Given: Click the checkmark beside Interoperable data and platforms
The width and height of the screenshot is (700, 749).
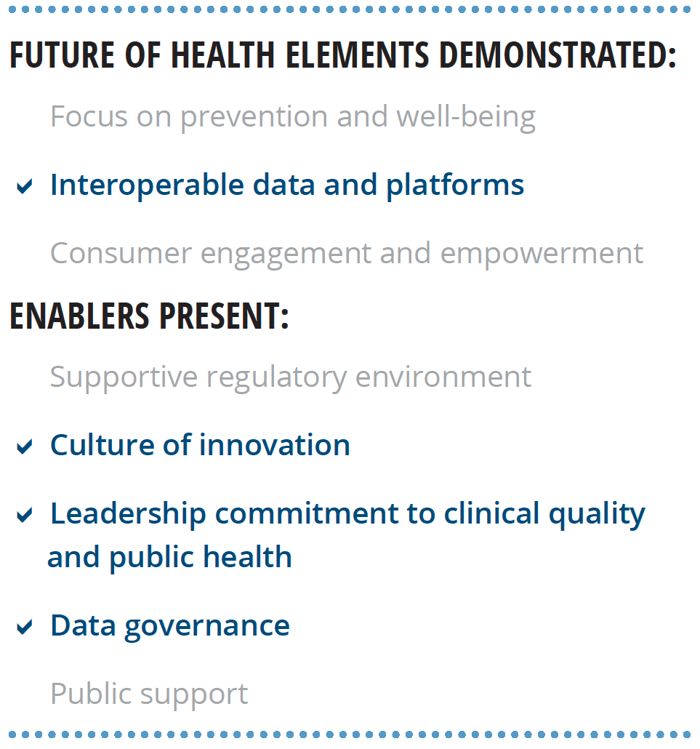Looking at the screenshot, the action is pos(25,186).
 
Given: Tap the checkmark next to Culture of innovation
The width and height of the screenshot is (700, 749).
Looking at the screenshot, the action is pos(25,446).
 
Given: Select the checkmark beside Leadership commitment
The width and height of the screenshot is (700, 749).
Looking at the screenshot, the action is pos(25,515).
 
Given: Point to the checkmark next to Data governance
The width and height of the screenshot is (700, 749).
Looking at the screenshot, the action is pos(25,627).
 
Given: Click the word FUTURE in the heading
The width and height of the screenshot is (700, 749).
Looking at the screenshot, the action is pos(62,55).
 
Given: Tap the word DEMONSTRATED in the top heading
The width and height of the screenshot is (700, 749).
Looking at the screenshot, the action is pos(558,55).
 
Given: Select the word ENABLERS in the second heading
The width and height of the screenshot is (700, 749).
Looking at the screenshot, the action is pos(79,316).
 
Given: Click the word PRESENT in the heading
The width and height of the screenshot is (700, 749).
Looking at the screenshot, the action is pos(224,316).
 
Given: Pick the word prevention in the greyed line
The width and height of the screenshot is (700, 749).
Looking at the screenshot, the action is pos(254,118).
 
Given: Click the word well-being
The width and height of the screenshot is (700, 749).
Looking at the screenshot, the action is pos(466,116).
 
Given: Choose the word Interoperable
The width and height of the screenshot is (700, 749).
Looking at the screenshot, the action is pos(147,185).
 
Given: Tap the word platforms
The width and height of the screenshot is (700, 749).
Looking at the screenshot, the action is pos(455,185).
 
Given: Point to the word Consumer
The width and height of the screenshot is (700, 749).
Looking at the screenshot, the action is pos(121,254).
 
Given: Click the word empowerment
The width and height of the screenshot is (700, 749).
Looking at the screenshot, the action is pos(542,255).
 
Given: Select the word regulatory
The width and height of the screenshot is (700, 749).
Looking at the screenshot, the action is pos(276,378).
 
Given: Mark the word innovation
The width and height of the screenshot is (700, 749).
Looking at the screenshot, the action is pos(275,445).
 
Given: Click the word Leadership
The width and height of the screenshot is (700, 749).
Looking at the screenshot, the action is pos(129,514).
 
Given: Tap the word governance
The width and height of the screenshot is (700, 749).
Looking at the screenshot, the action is pos(207,627).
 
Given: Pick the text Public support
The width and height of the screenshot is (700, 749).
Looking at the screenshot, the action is pos(150,694).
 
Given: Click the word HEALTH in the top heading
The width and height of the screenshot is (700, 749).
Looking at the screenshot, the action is pos(223,55).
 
